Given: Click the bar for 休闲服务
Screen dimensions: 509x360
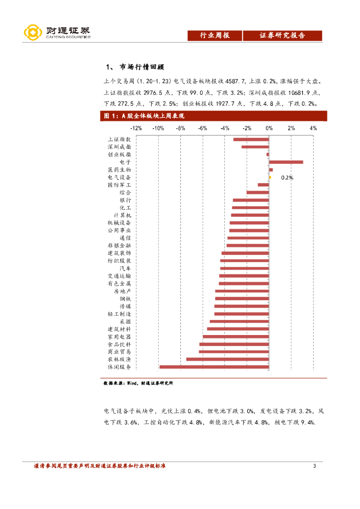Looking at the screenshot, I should pyautogui.click(x=214, y=367).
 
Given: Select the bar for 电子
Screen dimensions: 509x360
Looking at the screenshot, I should pyautogui.click(x=286, y=162).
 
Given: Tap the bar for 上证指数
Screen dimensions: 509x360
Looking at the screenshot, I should pyautogui.click(x=251, y=139).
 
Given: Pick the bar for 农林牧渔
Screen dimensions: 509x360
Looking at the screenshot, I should pyautogui.click(x=227, y=359).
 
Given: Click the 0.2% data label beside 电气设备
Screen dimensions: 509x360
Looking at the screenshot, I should pyautogui.click(x=287, y=177).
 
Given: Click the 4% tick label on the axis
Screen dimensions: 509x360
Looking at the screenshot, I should pyautogui.click(x=313, y=128).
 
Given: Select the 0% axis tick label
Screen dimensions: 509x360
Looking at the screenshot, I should pyautogui.click(x=269, y=128).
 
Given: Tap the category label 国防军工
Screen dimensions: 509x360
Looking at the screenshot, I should pyautogui.click(x=119, y=185).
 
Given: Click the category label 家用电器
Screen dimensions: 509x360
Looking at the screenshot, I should pyautogui.click(x=119, y=337).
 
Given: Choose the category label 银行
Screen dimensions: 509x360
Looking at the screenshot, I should pyautogui.click(x=125, y=200).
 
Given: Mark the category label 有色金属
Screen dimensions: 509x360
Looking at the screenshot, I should pyautogui.click(x=119, y=283).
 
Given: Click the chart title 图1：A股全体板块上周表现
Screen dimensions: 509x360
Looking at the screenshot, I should pyautogui.click(x=144, y=116).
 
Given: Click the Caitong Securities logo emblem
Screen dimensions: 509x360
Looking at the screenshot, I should pyautogui.click(x=33, y=33).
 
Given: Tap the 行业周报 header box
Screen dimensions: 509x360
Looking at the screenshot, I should pyautogui.click(x=214, y=35).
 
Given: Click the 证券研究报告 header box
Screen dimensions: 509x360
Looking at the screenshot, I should pyautogui.click(x=282, y=35).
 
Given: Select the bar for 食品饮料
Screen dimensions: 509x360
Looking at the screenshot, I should pyautogui.click(x=234, y=344).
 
